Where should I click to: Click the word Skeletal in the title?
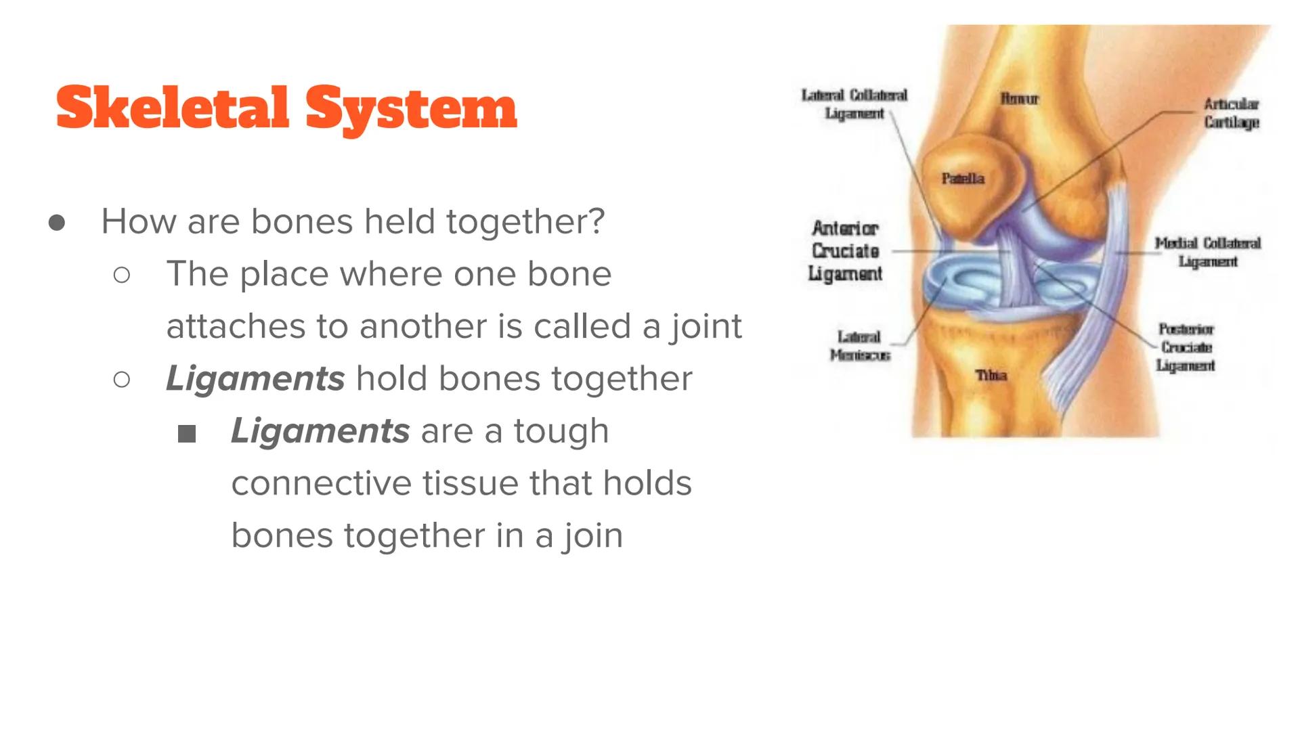(x=172, y=108)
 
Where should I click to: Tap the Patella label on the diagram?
(x=962, y=179)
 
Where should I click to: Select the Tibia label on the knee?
(x=991, y=375)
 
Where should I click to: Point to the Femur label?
(x=1019, y=99)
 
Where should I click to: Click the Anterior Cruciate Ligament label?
(x=846, y=251)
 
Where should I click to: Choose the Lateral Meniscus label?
(x=859, y=346)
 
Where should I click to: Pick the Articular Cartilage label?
(x=1231, y=113)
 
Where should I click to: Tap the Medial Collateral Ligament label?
(x=1207, y=252)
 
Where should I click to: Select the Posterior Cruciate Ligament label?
(x=1186, y=347)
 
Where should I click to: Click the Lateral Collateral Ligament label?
(x=854, y=104)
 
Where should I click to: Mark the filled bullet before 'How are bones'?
(x=57, y=223)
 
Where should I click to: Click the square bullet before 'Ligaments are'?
(x=186, y=434)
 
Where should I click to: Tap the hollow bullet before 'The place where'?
(x=122, y=275)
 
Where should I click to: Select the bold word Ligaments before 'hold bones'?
(x=255, y=378)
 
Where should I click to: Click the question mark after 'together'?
(x=597, y=221)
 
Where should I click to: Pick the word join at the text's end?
(x=592, y=536)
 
